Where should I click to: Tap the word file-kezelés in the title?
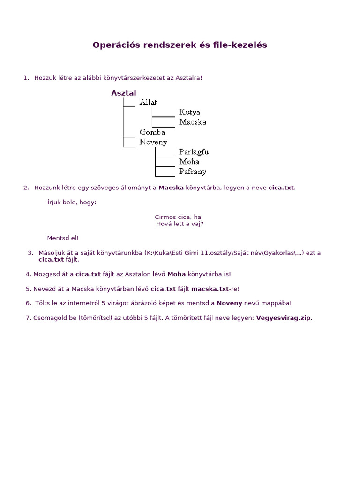coord(240,45)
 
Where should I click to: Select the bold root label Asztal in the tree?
coord(124,93)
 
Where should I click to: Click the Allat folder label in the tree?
coord(148,102)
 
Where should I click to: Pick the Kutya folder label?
coord(189,112)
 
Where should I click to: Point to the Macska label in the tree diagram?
coord(192,122)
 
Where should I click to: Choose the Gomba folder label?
coord(152,132)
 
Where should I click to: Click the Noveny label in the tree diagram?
coord(153,142)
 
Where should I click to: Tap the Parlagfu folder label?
coord(194,152)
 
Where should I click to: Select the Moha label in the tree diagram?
coord(189,162)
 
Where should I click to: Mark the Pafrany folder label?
coord(192,172)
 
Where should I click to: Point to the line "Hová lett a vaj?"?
coord(180,224)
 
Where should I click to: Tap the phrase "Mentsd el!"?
coord(63,238)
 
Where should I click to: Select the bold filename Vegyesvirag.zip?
coord(283,318)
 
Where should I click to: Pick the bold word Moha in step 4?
coord(177,274)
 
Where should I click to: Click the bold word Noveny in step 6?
coord(229,303)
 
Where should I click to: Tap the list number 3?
coord(30,253)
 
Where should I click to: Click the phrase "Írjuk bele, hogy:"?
coord(72,202)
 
